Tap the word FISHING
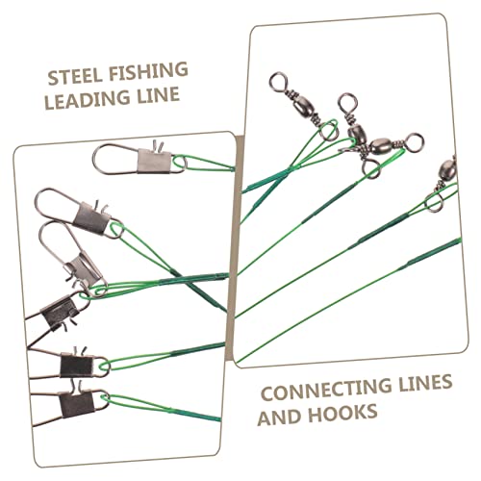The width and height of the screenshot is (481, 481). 148,71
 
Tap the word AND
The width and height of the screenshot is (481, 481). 279,417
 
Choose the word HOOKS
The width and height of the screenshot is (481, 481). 342,413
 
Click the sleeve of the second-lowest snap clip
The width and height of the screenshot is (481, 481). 77,366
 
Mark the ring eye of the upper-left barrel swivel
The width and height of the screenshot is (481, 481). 278,81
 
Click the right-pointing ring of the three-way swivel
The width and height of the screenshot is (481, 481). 414,141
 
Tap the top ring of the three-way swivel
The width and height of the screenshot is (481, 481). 347,102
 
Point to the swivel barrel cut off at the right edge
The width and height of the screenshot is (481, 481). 447,169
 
